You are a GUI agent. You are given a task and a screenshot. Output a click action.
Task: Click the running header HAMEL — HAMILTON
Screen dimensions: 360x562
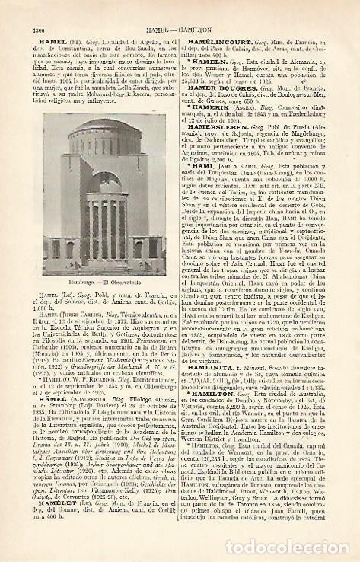(180, 8)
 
